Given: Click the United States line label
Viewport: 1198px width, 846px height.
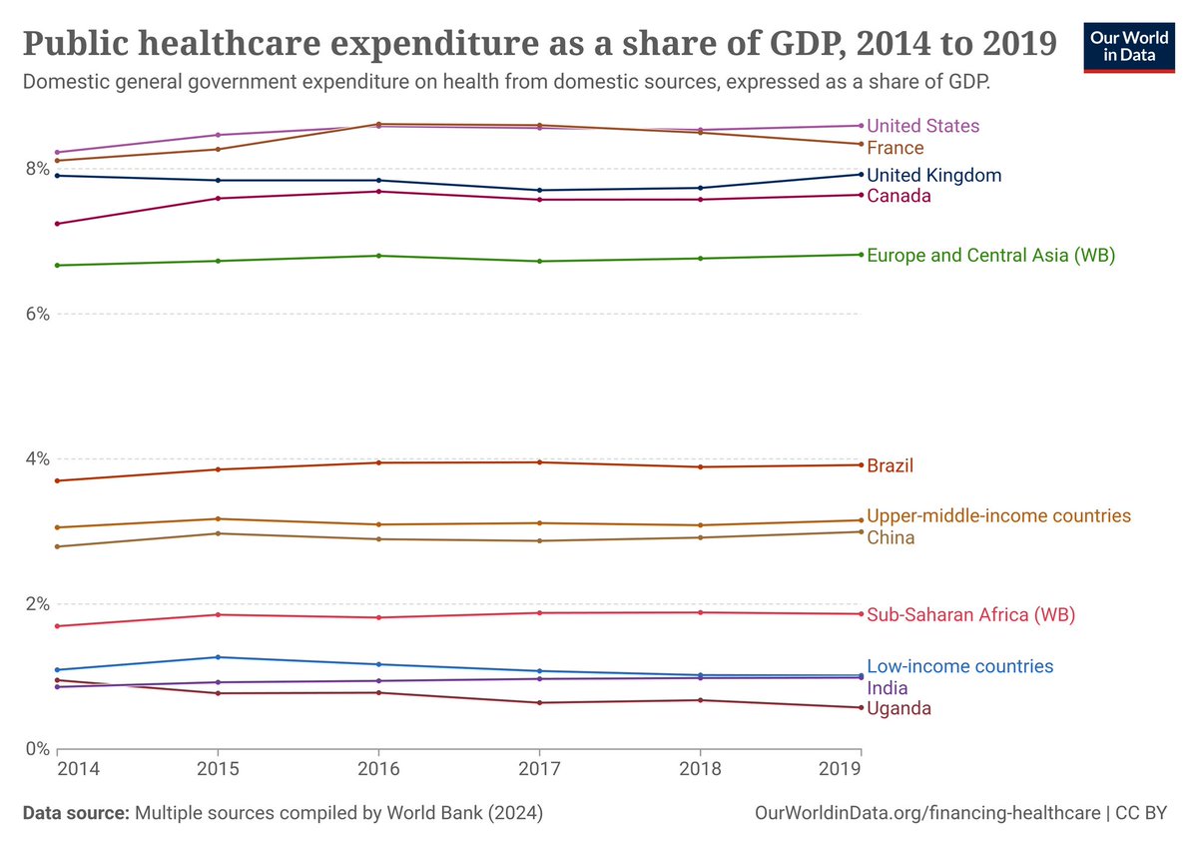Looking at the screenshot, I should (922, 126).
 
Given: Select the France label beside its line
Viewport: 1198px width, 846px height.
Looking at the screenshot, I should (895, 148).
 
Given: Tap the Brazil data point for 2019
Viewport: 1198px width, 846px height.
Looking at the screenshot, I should (861, 464).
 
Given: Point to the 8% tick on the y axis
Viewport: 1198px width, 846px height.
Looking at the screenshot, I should (37, 169).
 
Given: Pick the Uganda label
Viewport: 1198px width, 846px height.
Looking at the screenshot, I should (898, 708).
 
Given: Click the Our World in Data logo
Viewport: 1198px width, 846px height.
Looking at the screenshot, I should (1129, 45).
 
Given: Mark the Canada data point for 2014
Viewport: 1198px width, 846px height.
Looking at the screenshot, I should (57, 224).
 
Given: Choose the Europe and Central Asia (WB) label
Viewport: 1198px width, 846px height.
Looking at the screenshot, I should (990, 256).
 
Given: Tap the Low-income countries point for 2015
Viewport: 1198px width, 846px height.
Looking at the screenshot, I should (218, 657).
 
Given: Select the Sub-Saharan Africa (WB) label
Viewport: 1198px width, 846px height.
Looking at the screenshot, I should (970, 615).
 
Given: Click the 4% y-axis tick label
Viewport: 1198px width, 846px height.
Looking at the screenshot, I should (37, 458).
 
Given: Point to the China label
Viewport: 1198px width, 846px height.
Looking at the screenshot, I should (891, 538).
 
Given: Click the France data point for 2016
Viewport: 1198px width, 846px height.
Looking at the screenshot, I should (378, 124).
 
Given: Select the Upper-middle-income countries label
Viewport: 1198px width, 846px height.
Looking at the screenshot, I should (998, 516).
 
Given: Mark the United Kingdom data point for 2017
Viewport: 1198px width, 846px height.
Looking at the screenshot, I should (539, 191).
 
